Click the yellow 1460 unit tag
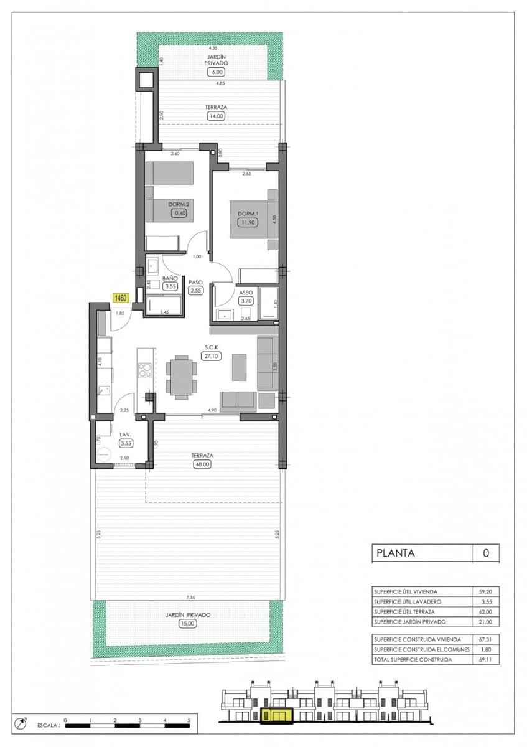click(x=119, y=298)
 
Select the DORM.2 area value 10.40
click(x=179, y=213)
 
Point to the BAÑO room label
click(x=170, y=278)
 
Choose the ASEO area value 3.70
click(x=246, y=301)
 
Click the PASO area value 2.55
click(x=195, y=290)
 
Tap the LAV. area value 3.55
click(x=127, y=443)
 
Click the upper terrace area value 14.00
click(x=216, y=116)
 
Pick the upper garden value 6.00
click(x=216, y=72)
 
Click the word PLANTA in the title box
click(x=395, y=553)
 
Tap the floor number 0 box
click(x=486, y=553)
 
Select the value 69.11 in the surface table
click(x=486, y=660)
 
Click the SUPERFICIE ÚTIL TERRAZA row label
click(x=404, y=612)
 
